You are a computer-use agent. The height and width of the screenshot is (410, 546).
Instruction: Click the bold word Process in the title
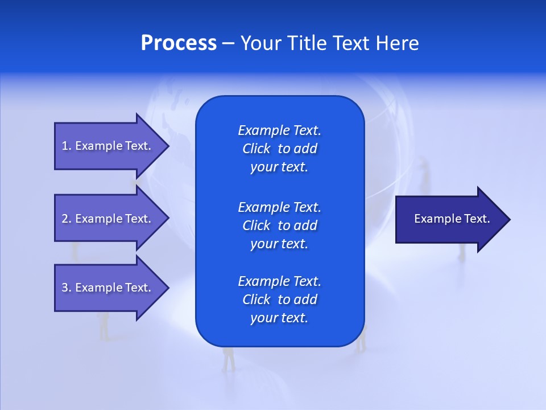coord(179,43)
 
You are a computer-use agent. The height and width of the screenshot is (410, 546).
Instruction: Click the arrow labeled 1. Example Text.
coord(108,146)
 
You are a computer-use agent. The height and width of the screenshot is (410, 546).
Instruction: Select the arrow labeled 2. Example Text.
coord(108,219)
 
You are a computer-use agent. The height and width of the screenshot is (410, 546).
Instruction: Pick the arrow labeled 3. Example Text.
coord(108,288)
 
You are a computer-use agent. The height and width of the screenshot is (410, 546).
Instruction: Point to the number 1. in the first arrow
coord(66,146)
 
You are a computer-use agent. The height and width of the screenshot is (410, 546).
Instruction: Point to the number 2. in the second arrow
coord(66,219)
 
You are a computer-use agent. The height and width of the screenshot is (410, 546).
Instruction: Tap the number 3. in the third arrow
coord(66,288)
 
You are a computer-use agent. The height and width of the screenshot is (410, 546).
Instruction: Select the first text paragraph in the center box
coord(279,149)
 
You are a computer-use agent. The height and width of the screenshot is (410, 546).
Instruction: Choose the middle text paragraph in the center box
coord(279,225)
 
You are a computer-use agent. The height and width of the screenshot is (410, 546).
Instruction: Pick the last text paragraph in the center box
coord(279,300)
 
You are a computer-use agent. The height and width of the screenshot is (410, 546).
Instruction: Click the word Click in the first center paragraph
coord(256,149)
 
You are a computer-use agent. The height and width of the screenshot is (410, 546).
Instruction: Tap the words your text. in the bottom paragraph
coord(279,318)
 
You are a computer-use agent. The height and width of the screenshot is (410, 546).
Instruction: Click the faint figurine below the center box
coord(229,359)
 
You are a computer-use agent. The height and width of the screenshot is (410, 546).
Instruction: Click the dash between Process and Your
coord(228,43)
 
